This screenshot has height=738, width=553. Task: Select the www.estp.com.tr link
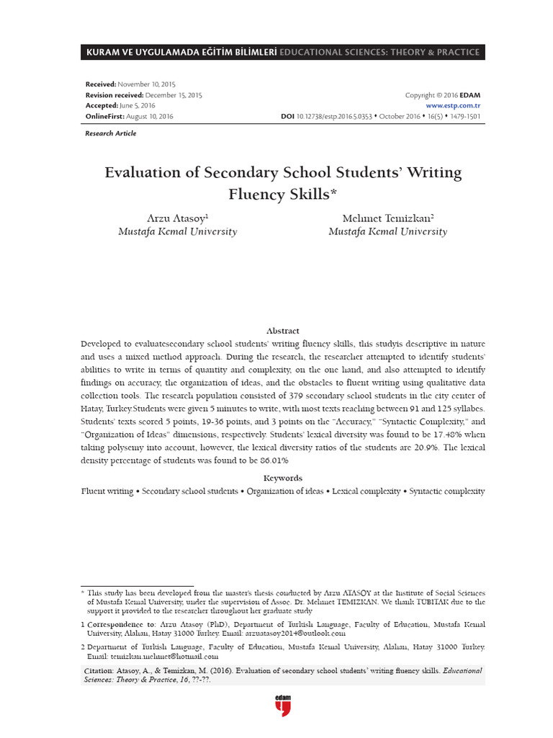pyautogui.click(x=454, y=105)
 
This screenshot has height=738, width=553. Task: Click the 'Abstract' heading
pyautogui.click(x=282, y=331)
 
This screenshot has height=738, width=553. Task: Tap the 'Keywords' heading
pyautogui.click(x=282, y=478)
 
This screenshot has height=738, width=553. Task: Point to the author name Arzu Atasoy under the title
pyautogui.click(x=178, y=218)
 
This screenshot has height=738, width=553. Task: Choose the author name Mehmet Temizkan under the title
pyautogui.click(x=387, y=218)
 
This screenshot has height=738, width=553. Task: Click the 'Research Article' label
pyautogui.click(x=110, y=133)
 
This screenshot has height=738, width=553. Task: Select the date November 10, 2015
pyautogui.click(x=151, y=84)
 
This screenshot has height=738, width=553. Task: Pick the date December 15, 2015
pyautogui.click(x=174, y=95)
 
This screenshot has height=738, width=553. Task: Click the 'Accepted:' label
pyautogui.click(x=102, y=105)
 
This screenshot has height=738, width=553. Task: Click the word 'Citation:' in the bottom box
pyautogui.click(x=99, y=671)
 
